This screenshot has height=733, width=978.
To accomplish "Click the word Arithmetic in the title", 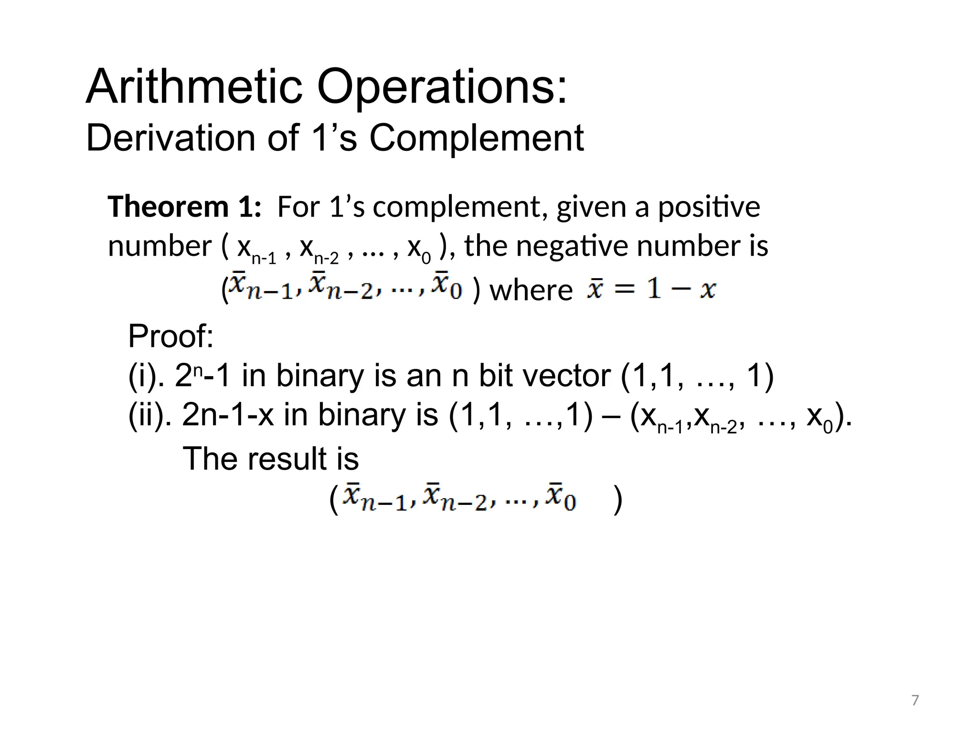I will click(194, 87).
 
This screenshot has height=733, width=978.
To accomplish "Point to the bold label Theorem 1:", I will click(184, 207).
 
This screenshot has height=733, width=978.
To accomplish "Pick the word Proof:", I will click(170, 336).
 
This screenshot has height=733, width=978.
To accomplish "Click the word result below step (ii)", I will click(291, 459).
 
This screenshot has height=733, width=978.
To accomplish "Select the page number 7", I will click(915, 700).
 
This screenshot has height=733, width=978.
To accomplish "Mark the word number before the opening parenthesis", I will click(159, 246).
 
